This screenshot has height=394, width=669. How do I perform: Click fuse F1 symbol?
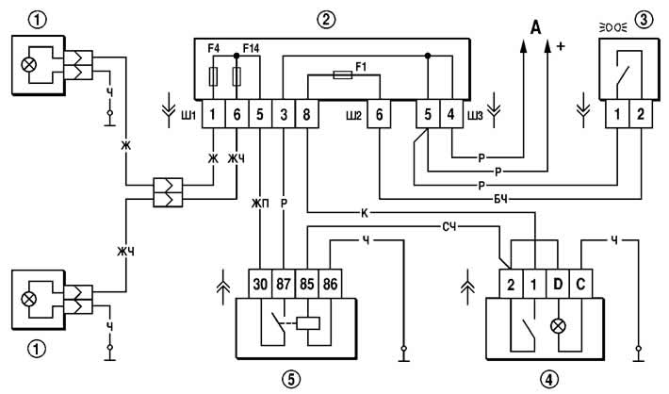343,75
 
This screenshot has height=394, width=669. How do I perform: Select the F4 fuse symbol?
213,77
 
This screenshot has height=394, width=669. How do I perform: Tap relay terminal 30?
260,284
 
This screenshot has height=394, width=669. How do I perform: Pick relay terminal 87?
284,284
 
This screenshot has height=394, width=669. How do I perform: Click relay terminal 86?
330,284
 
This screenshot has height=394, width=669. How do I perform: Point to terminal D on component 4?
558,284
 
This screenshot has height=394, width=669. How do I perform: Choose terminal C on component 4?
580,284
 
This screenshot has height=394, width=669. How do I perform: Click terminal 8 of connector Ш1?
307,114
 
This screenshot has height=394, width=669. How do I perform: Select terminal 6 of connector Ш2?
380,114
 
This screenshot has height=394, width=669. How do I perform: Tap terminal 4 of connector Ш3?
451,114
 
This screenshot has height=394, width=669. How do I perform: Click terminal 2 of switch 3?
641,114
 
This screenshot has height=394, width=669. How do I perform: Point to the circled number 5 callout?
291,378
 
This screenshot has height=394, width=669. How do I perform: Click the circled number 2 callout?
326,20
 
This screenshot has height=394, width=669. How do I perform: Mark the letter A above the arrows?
535,28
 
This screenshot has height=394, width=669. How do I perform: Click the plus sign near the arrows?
561,46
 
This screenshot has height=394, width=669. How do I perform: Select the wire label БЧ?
502,199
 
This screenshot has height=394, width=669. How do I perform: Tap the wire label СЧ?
449,226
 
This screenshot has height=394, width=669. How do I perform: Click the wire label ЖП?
260,204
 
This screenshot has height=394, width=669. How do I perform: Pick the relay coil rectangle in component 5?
308,323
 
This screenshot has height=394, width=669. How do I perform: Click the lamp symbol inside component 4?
558,326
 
